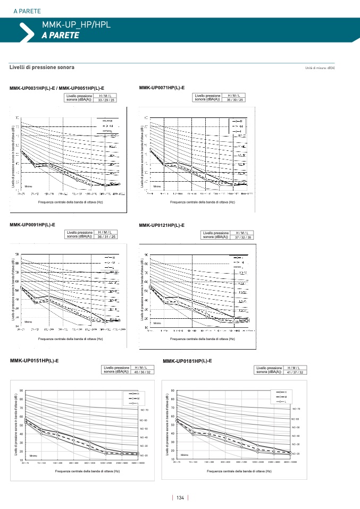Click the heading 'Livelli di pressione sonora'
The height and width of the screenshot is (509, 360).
pos(42,67)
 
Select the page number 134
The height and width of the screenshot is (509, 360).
pos(180,498)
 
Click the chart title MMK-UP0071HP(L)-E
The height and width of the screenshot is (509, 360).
pos(162,87)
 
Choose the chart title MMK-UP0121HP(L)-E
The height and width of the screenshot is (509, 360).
pos(162,225)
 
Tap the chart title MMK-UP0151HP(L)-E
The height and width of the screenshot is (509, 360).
pos(34,361)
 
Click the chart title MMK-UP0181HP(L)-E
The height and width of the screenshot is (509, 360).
pos(187,361)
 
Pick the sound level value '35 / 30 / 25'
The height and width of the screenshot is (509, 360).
pos(235,99)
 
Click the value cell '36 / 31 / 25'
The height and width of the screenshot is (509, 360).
pos(106,236)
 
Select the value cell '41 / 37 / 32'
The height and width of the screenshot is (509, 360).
pos(295,372)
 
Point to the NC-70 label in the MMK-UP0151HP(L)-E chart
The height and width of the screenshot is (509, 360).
pos(144,410)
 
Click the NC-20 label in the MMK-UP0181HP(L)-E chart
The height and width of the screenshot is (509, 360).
pos(296,453)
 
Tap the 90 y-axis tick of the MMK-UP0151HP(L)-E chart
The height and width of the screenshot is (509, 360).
pos(21,391)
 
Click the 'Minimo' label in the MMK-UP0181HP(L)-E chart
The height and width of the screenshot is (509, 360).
pos(185,455)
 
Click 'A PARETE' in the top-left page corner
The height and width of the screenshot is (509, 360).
pos(27,11)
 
